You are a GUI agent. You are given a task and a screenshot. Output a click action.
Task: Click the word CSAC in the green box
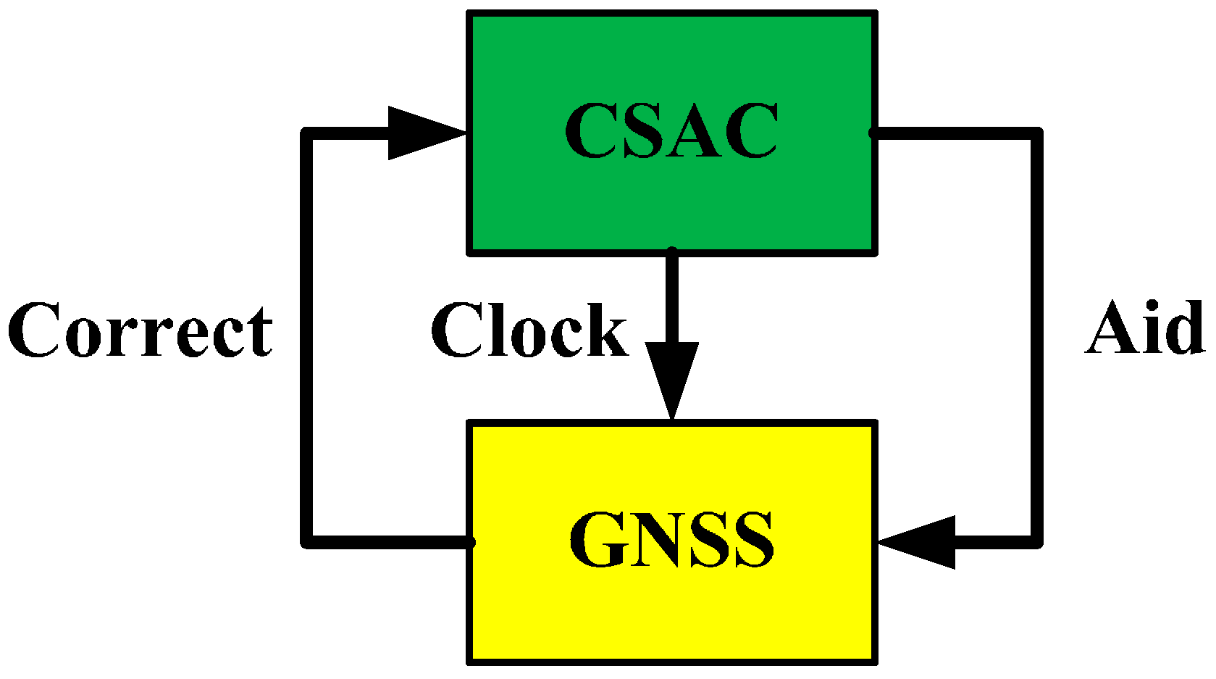pyautogui.click(x=671, y=130)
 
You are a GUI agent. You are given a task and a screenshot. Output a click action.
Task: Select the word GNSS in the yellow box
pyautogui.click(x=671, y=540)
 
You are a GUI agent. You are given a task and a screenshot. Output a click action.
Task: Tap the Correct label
pyautogui.click(x=141, y=330)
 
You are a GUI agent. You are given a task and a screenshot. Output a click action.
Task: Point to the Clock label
pyautogui.click(x=529, y=330)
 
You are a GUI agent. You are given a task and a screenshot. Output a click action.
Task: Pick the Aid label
pyautogui.click(x=1145, y=328)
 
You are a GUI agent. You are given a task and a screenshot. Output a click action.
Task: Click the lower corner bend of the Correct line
pyautogui.click(x=309, y=541)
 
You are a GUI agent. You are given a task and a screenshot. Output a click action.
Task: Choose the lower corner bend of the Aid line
pyautogui.click(x=1036, y=541)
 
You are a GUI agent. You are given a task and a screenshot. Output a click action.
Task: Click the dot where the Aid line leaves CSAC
pyautogui.click(x=873, y=133)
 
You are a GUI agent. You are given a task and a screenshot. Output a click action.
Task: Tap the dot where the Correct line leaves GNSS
pyautogui.click(x=471, y=541)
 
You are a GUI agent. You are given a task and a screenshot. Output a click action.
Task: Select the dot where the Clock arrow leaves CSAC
pyautogui.click(x=672, y=252)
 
